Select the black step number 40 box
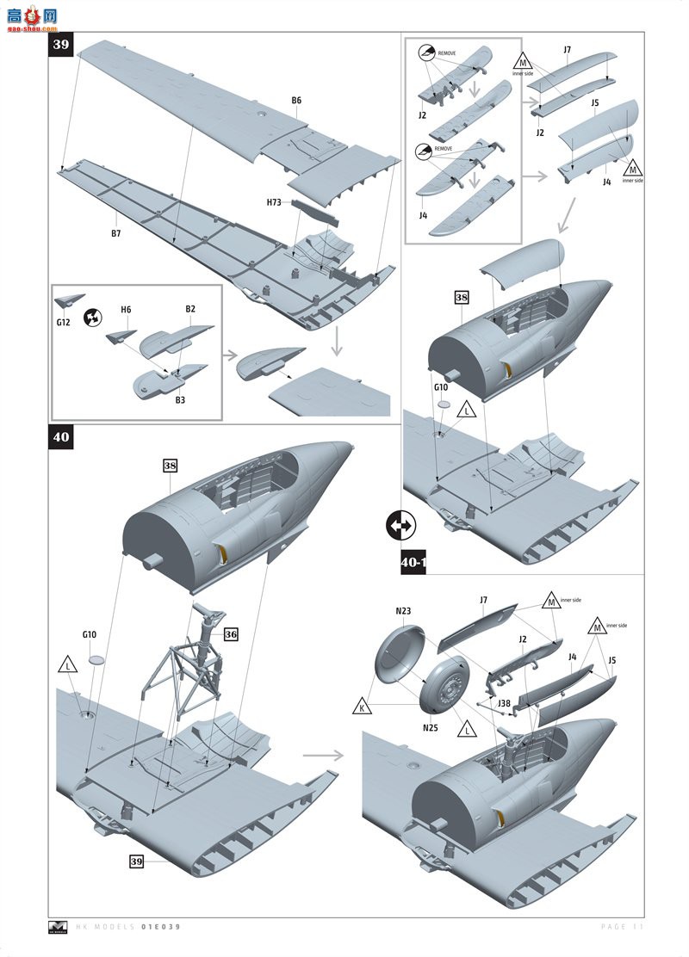click(62, 437)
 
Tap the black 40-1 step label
click(414, 562)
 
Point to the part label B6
click(296, 101)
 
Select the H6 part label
click(126, 309)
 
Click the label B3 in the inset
click(181, 399)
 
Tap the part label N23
click(403, 612)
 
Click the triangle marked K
click(363, 707)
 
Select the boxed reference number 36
click(230, 634)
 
